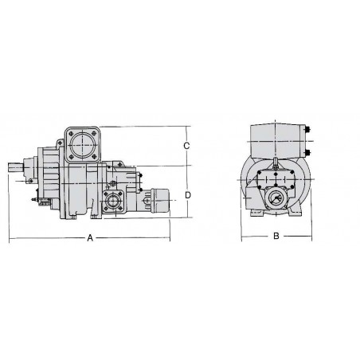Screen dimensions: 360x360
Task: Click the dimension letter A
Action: tap(90, 238)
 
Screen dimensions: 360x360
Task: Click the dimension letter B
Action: tap(276, 237)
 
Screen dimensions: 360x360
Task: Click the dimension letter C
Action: tap(186, 146)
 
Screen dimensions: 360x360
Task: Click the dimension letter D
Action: tap(186, 194)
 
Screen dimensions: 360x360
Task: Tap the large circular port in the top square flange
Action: tap(82, 146)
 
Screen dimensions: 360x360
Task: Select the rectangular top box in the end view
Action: tap(276, 142)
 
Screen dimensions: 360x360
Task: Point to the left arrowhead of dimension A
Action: tap(10, 238)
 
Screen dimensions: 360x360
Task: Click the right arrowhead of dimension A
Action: tap(169, 238)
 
